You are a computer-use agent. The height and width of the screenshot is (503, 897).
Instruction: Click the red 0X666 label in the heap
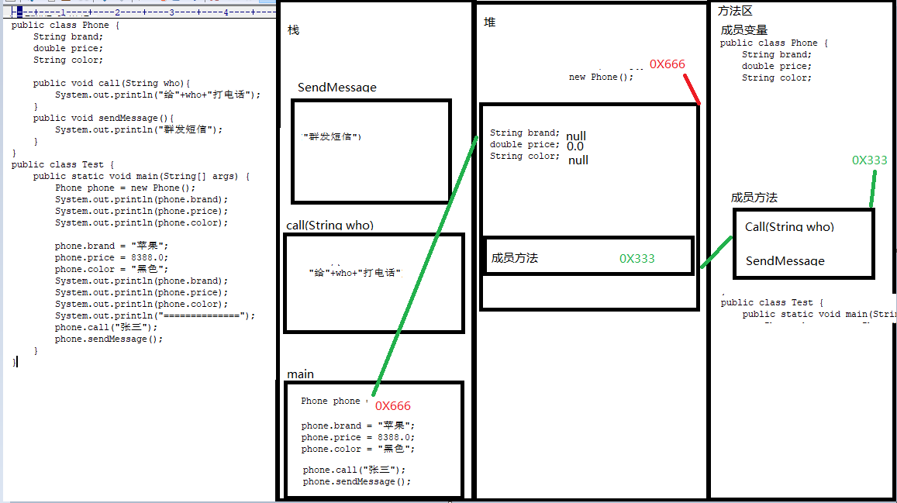668,64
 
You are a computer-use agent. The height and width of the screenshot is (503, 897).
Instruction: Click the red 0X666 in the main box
393,406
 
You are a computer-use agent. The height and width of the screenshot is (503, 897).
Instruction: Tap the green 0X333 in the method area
869,160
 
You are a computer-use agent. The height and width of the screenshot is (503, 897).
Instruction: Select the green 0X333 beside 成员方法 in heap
637,259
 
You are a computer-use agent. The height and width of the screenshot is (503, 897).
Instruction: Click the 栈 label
293,30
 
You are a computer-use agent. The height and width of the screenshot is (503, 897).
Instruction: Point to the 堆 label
489,22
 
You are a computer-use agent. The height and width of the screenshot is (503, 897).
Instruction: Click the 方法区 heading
735,11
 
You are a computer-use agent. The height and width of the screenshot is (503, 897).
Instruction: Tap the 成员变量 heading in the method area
743,30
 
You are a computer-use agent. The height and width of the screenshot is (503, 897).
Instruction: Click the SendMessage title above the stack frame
336,88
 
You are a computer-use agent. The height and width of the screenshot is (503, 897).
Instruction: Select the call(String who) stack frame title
329,226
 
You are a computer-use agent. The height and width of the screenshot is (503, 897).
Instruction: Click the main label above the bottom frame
300,374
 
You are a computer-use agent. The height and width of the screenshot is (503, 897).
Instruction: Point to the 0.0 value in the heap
574,146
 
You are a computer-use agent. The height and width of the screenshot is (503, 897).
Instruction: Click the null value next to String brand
576,136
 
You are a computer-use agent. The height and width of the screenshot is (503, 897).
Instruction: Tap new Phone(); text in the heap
601,78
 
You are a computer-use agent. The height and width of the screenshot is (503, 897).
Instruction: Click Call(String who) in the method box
789,227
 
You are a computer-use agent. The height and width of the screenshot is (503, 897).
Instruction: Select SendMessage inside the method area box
785,261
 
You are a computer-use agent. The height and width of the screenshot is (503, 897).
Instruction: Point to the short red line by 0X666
692,88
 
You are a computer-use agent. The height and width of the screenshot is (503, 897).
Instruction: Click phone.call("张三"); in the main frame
354,470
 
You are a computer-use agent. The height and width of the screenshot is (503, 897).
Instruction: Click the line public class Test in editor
63,164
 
